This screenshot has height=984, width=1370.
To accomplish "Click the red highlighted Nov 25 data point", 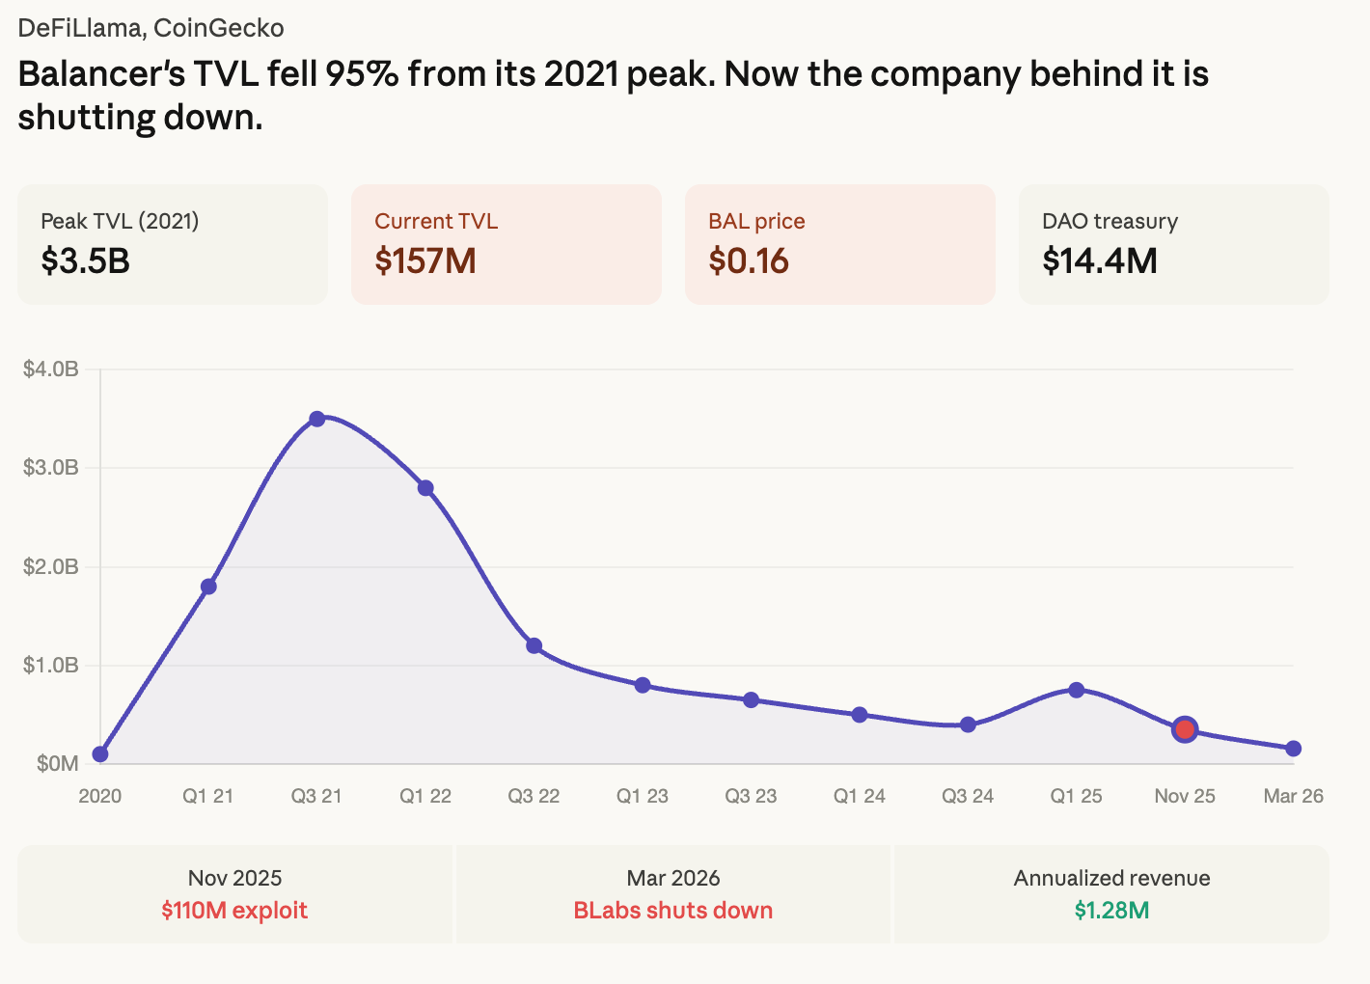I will click(x=1185, y=729).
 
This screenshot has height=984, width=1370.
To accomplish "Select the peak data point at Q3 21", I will click(x=316, y=419).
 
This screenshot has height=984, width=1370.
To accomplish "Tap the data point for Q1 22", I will click(x=425, y=488).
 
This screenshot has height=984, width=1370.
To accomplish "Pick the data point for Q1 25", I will click(x=1077, y=690).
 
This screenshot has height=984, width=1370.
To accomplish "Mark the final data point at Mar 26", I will click(x=1294, y=749).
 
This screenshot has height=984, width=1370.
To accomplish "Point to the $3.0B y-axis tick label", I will click(x=51, y=468).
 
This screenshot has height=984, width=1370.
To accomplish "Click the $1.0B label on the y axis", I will click(x=51, y=666).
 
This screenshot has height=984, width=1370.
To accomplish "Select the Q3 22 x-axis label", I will click(x=534, y=796).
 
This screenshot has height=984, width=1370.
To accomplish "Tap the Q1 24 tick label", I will click(x=860, y=796).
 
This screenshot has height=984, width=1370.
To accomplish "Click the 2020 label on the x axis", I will click(x=99, y=796).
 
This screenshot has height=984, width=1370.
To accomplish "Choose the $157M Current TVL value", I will click(x=425, y=260).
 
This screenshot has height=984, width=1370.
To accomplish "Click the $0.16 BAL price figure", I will click(x=749, y=260).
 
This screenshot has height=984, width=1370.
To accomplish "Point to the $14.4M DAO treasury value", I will click(x=1100, y=260).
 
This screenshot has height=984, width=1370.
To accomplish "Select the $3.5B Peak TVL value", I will click(x=85, y=260).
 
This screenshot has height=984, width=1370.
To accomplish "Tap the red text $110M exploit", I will click(x=234, y=911).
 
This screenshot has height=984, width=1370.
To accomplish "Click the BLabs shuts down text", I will click(x=673, y=911).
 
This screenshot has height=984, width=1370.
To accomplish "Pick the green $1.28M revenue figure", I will click(x=1111, y=911).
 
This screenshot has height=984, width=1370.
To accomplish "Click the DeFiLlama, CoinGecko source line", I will click(x=151, y=28).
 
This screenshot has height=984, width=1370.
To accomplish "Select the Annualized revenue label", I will click(x=1111, y=878).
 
